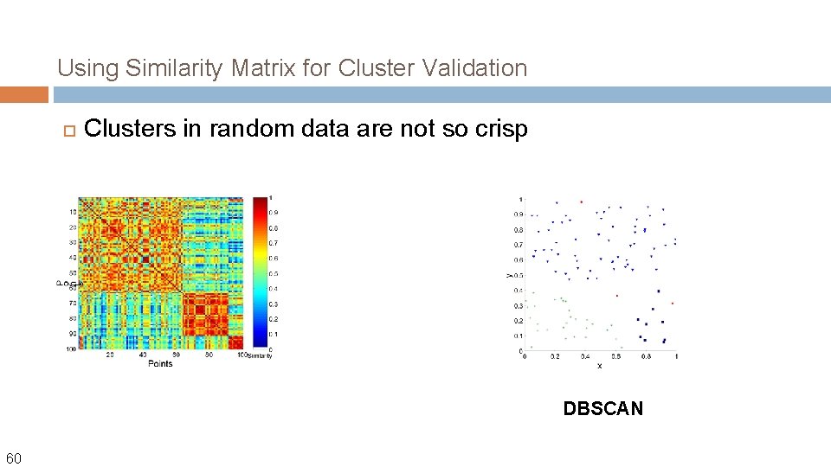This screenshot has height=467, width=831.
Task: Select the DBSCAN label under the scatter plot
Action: (603, 409)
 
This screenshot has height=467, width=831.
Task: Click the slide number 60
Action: (15, 457)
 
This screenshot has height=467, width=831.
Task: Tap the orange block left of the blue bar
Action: (24, 94)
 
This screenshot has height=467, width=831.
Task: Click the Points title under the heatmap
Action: (160, 363)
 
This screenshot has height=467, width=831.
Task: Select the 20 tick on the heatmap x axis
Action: (110, 355)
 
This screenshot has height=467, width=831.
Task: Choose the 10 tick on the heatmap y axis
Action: (73, 212)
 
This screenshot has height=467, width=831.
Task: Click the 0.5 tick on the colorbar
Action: (273, 273)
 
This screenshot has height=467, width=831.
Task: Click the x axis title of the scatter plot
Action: (599, 366)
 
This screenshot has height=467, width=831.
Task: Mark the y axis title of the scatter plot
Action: (509, 275)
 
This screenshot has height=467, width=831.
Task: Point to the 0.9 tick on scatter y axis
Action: (518, 214)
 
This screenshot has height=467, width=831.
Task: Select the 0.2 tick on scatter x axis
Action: (555, 355)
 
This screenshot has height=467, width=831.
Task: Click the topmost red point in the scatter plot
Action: (581, 202)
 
